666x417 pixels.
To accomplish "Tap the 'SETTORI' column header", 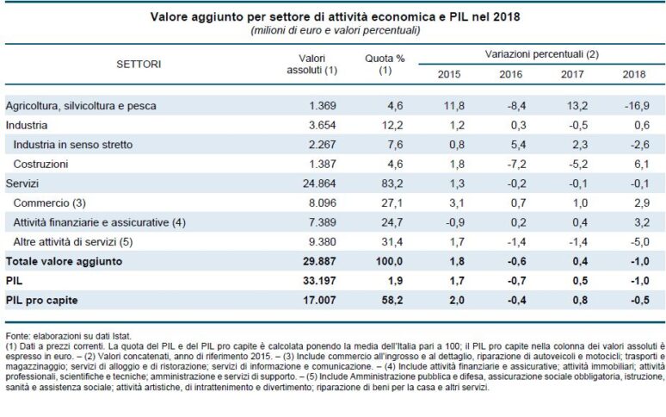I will (139, 64).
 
